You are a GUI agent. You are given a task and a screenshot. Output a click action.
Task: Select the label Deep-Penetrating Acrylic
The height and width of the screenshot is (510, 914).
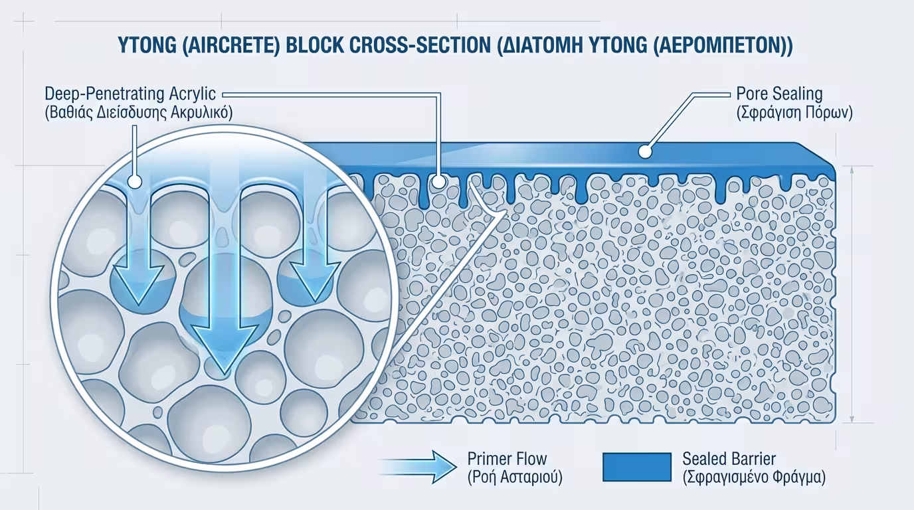coord(131,94)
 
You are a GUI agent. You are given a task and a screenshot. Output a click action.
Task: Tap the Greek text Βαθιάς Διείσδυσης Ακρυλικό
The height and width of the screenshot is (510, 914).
coord(138,113)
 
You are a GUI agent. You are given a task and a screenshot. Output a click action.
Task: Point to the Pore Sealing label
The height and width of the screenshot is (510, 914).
coord(779,94)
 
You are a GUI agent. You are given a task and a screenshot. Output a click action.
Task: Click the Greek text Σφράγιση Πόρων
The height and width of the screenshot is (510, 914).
coord(794,113)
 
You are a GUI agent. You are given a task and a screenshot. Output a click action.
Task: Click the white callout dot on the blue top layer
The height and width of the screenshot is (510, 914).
coord(644,151)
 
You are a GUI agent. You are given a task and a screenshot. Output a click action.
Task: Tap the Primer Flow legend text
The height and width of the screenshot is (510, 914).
coord(507,458)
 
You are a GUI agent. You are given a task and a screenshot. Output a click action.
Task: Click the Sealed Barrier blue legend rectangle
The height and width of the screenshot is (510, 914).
coord(636,467)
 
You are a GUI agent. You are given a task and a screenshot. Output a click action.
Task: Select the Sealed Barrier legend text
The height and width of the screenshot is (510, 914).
coord(729,458)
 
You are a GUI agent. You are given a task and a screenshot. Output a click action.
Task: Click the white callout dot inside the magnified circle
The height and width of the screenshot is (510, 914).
coord(135,181)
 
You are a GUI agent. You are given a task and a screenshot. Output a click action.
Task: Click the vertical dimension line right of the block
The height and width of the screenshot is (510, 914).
coord(853,292)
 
